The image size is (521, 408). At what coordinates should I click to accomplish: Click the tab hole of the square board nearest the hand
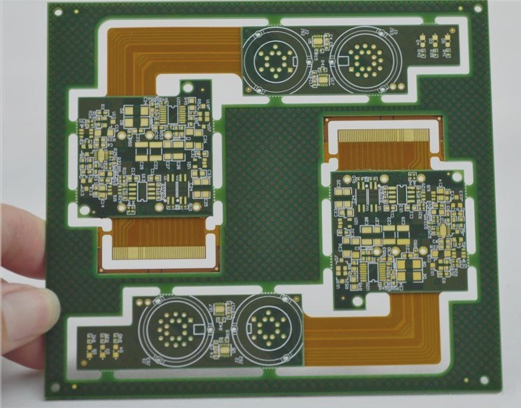coord(188,87)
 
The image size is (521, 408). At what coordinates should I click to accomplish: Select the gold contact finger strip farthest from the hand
coord(385,136)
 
